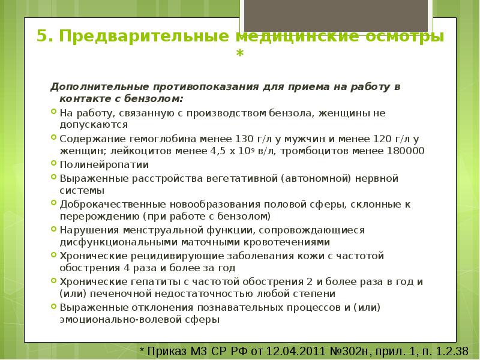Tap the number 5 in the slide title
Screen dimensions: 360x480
42,36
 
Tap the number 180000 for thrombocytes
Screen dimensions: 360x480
403,151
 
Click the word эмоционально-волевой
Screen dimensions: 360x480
113,320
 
